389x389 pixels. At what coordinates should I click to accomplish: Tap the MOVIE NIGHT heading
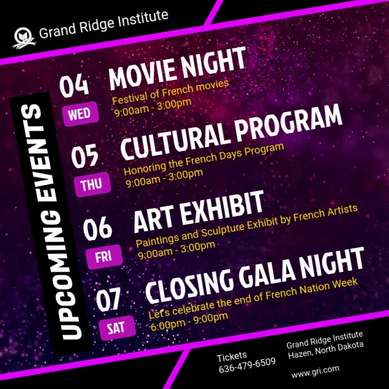point(178,68)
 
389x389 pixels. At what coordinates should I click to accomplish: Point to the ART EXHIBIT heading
point(198,211)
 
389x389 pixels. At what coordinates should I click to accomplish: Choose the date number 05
point(85,155)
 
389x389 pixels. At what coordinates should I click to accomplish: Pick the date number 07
point(109,299)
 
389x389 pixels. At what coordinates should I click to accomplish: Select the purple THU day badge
point(91,184)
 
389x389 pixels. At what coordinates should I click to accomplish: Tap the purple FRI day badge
point(104,257)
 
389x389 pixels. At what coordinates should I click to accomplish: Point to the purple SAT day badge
point(116,328)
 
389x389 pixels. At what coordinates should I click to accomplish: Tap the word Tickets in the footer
point(232,356)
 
